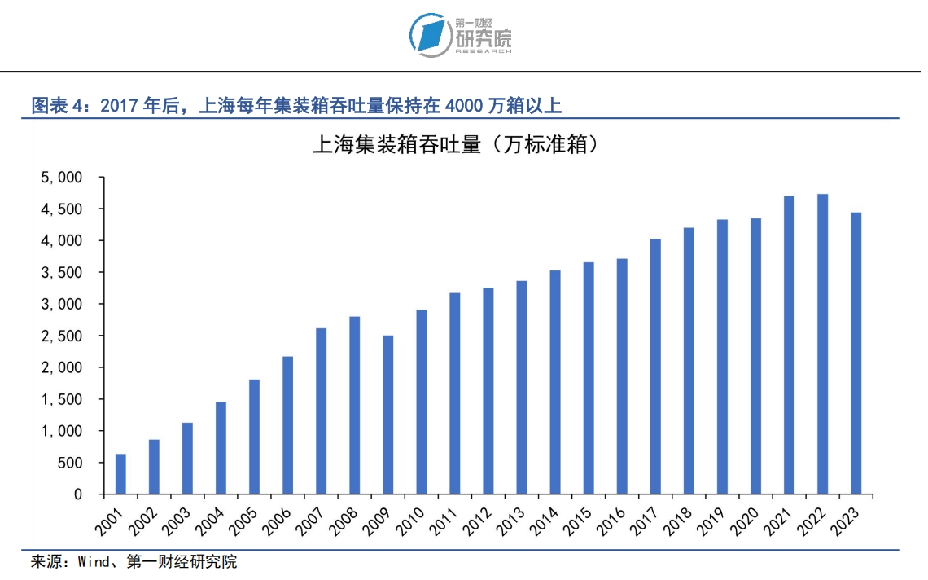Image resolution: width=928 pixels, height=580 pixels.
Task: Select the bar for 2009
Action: coord(388,415)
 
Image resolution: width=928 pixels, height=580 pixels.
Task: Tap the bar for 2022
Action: coord(823,344)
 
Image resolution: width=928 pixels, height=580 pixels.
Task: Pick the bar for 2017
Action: coord(655,367)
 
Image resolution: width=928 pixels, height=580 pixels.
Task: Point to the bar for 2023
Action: coord(856,353)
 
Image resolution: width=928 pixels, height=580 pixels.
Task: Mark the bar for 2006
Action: coord(288,425)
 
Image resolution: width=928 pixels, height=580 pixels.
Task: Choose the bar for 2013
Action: coord(522,387)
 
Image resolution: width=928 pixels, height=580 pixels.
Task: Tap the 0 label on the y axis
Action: coord(78,494)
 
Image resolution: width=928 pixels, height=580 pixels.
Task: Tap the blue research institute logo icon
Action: coord(429,35)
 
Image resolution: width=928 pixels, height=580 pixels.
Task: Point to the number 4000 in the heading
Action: coord(464,105)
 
